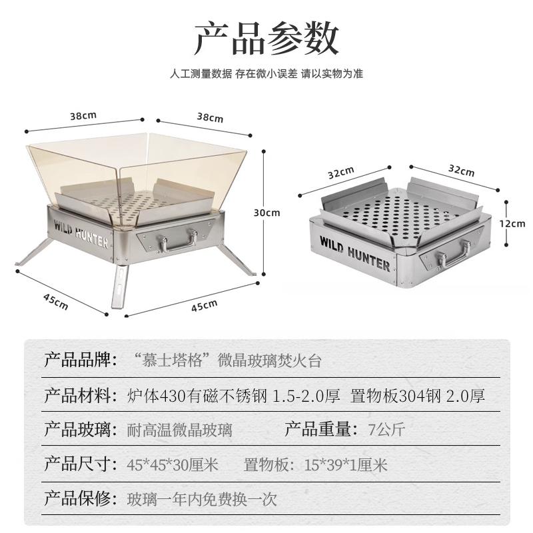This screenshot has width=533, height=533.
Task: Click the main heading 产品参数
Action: [266, 39]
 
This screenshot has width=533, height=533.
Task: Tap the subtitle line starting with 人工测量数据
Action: [266, 74]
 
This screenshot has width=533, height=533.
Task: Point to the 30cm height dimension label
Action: [266, 213]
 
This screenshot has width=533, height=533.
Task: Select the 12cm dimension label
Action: [514, 224]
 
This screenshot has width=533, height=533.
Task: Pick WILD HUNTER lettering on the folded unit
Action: [354, 253]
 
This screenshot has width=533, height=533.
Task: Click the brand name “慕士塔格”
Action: [173, 362]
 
